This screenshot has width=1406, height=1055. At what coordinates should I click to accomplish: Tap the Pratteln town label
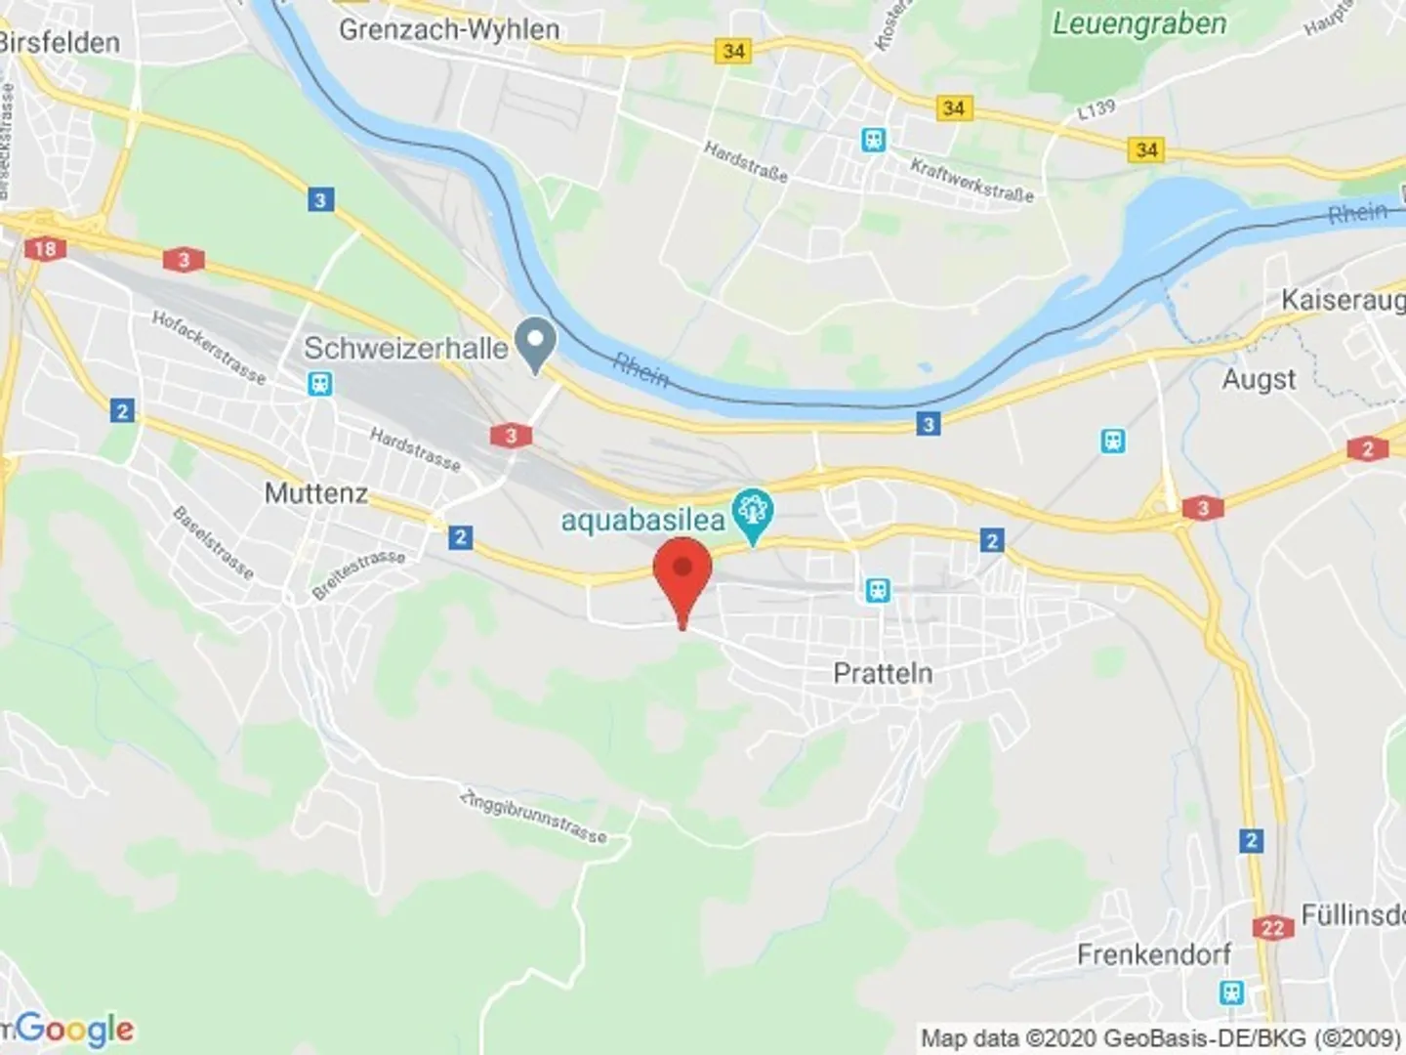click(883, 673)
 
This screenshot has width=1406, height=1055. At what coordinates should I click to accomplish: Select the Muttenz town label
click(316, 493)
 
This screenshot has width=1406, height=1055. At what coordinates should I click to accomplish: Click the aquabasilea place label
click(641, 520)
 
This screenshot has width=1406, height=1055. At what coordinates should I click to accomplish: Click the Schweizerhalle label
click(405, 349)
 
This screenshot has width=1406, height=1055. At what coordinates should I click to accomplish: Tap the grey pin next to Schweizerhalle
click(535, 344)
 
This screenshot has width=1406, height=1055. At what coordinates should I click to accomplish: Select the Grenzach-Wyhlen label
click(449, 30)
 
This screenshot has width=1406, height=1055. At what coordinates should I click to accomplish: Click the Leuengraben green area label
click(1138, 23)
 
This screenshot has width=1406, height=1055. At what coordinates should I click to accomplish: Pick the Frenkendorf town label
click(1154, 953)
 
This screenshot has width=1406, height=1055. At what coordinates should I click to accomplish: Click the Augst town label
click(1259, 379)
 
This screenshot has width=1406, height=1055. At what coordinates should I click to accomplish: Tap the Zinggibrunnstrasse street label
click(533, 817)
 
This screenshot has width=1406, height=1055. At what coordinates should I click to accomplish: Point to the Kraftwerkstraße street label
click(972, 180)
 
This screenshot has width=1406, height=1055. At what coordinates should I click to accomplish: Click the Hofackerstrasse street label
click(208, 346)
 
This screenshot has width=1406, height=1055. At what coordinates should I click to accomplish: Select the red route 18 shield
click(45, 248)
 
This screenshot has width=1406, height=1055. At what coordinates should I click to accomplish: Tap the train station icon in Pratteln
click(878, 590)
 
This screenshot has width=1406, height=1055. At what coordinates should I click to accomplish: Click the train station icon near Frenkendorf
click(1232, 992)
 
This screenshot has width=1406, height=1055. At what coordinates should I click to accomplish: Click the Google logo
click(73, 1029)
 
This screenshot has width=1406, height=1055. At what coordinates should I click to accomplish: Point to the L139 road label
click(1096, 109)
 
